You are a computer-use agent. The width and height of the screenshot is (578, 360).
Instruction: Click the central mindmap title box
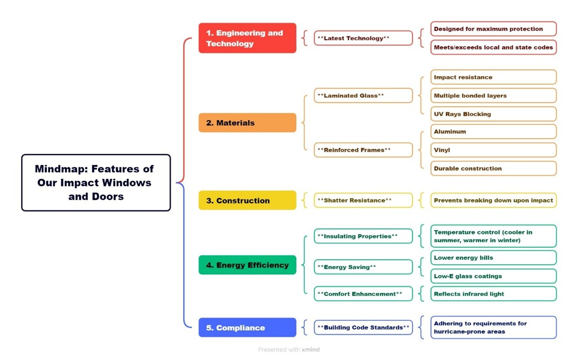click(96, 183)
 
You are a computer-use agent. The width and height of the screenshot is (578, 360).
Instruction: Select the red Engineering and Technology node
click(247, 38)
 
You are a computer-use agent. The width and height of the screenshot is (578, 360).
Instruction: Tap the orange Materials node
click(247, 123)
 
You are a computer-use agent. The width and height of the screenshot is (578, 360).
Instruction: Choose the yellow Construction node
click(247, 201)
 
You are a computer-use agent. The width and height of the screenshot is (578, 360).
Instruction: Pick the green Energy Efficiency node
click(247, 265)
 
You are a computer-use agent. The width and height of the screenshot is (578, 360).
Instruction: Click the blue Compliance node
click(247, 328)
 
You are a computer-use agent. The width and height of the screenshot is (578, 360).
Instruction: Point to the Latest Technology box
click(363, 38)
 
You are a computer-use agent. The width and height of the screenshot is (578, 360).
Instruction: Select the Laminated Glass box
click(363, 96)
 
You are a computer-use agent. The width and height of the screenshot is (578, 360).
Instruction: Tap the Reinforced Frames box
click(363, 150)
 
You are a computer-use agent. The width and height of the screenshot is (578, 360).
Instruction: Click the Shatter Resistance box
click(363, 201)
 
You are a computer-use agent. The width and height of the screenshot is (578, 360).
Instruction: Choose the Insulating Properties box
click(363, 236)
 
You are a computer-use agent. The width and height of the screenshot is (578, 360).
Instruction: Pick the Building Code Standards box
click(363, 328)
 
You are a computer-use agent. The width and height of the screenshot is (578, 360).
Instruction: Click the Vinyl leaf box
click(493, 150)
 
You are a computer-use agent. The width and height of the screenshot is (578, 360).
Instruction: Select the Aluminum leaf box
click(493, 132)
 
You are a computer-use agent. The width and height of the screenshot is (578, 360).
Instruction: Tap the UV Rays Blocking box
click(493, 114)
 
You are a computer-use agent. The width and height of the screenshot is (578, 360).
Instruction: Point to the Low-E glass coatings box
click(493, 276)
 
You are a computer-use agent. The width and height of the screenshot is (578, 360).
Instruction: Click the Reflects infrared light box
click(493, 294)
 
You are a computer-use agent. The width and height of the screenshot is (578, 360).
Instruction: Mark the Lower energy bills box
click(493, 258)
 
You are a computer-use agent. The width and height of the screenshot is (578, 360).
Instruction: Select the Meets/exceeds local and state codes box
click(493, 47)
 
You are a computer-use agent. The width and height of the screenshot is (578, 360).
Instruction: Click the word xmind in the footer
click(310, 350)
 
